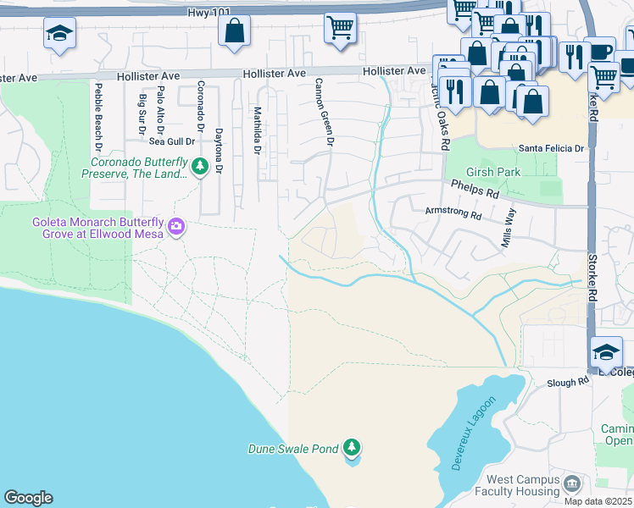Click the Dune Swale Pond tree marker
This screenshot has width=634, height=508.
tap(352, 448)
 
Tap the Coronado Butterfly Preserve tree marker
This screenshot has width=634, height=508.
tap(200, 167)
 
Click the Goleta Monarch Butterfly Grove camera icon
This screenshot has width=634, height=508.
tap(176, 226)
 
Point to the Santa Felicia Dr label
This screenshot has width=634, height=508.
tap(552, 148)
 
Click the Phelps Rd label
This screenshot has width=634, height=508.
tap(475, 186)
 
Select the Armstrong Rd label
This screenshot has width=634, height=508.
tap(453, 213)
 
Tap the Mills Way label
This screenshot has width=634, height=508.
tap(509, 228)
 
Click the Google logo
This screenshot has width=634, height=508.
tap(28, 498)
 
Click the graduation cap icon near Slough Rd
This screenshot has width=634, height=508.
tap(606, 351)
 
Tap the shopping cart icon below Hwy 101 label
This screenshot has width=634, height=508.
tap(340, 27)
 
